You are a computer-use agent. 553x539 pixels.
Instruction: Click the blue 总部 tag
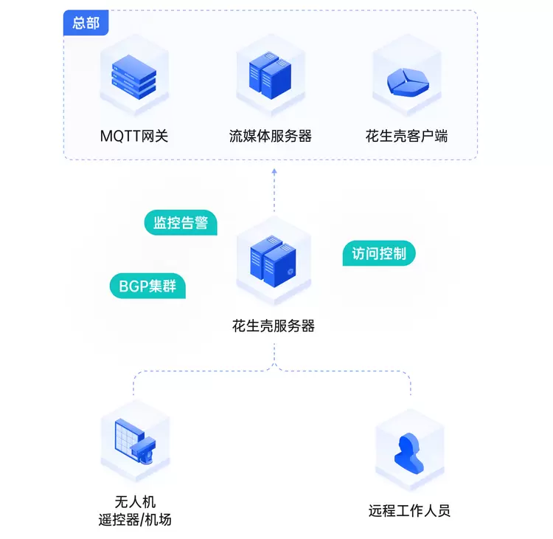click(x=86, y=23)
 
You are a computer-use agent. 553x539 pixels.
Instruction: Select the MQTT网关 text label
click(x=134, y=136)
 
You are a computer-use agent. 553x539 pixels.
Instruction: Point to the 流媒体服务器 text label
click(x=271, y=136)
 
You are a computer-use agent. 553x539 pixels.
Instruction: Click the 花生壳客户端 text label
click(x=406, y=136)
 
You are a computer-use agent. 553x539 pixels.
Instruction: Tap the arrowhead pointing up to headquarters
click(x=274, y=171)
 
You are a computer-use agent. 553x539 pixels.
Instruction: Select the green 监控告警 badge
click(x=181, y=222)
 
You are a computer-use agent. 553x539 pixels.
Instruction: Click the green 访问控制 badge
click(x=379, y=254)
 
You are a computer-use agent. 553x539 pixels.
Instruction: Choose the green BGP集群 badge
click(x=147, y=286)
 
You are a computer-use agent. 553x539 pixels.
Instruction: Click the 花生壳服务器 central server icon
click(x=273, y=261)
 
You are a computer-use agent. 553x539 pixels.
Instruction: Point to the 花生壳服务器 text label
click(x=274, y=326)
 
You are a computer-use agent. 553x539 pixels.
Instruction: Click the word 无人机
click(x=135, y=501)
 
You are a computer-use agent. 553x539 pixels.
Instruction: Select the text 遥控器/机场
click(x=135, y=520)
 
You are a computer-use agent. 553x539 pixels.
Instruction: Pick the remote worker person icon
click(x=410, y=451)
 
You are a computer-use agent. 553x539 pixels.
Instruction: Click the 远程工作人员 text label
click(x=409, y=510)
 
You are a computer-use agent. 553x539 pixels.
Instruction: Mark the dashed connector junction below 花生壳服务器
click(x=274, y=369)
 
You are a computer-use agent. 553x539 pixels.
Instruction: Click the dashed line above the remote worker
click(x=410, y=384)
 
